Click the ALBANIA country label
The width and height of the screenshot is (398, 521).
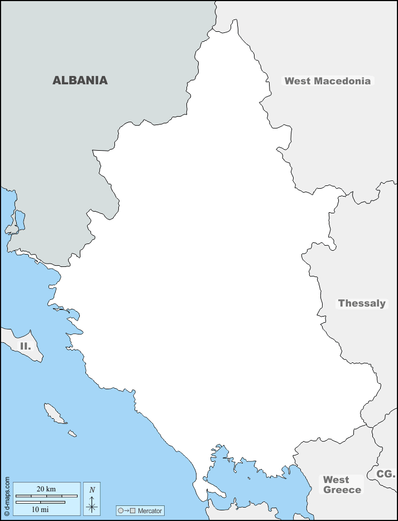(80, 80)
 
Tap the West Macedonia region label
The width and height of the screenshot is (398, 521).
(327, 81)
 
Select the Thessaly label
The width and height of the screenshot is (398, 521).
(362, 303)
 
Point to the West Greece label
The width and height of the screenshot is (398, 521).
(342, 485)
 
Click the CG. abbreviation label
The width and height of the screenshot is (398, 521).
(386, 474)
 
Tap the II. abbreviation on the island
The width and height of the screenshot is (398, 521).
(25, 346)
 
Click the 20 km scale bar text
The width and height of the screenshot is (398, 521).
(46, 489)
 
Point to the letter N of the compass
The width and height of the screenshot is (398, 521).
(92, 490)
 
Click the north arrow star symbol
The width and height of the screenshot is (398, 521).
(92, 507)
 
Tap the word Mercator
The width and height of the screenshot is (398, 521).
(150, 510)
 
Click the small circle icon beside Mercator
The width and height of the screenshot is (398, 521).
(121, 510)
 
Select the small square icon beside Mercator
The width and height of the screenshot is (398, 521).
(133, 510)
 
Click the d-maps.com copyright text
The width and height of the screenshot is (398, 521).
(7, 496)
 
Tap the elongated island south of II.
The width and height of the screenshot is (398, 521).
(54, 414)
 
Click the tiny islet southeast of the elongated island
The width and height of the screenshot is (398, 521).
(72, 433)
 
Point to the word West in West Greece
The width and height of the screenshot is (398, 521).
(336, 480)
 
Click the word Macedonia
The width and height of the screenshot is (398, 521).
(342, 81)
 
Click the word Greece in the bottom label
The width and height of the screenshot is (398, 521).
(342, 490)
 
